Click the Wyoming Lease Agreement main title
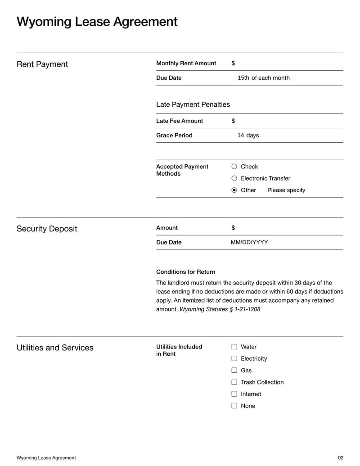point(97,22)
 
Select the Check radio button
point(234,167)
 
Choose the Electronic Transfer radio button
point(234,178)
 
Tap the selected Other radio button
point(234,190)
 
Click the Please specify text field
point(286,190)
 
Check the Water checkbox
point(234,347)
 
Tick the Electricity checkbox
point(234,358)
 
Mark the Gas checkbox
point(234,370)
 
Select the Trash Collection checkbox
point(234,382)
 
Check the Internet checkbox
point(234,394)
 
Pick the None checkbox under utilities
point(234,405)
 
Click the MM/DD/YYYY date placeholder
point(249,242)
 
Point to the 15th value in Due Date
point(243,78)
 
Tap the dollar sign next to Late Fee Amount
point(233,121)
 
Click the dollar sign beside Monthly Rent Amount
point(233,63)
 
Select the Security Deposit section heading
point(47,229)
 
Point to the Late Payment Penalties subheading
point(193,104)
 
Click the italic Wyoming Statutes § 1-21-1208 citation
point(220,309)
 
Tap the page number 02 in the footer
point(340,458)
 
